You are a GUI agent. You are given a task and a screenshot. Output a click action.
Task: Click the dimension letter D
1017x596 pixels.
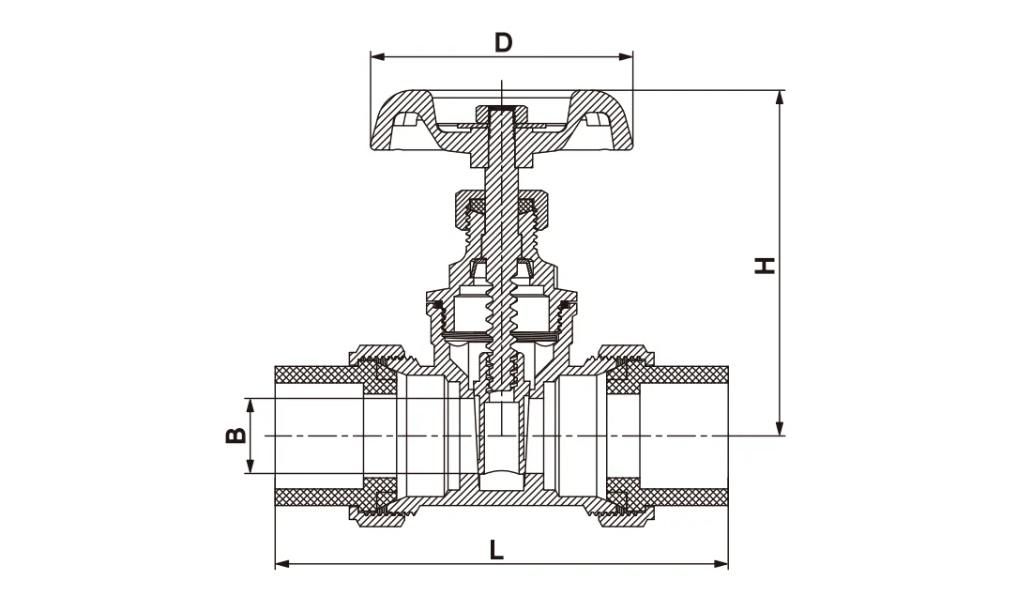pos(503,42)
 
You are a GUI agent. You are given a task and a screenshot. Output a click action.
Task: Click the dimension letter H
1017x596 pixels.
pos(767,265)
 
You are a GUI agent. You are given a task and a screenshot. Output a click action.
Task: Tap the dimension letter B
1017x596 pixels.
pos(235,436)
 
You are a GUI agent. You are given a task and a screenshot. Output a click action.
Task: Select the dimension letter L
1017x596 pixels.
pos(496,549)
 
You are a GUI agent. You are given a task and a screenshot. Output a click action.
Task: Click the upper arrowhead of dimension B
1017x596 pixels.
pos(250,405)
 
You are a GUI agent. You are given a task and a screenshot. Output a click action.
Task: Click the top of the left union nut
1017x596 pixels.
pos(380,353)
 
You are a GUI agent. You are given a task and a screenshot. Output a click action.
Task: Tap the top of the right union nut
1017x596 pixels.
pos(624,353)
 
